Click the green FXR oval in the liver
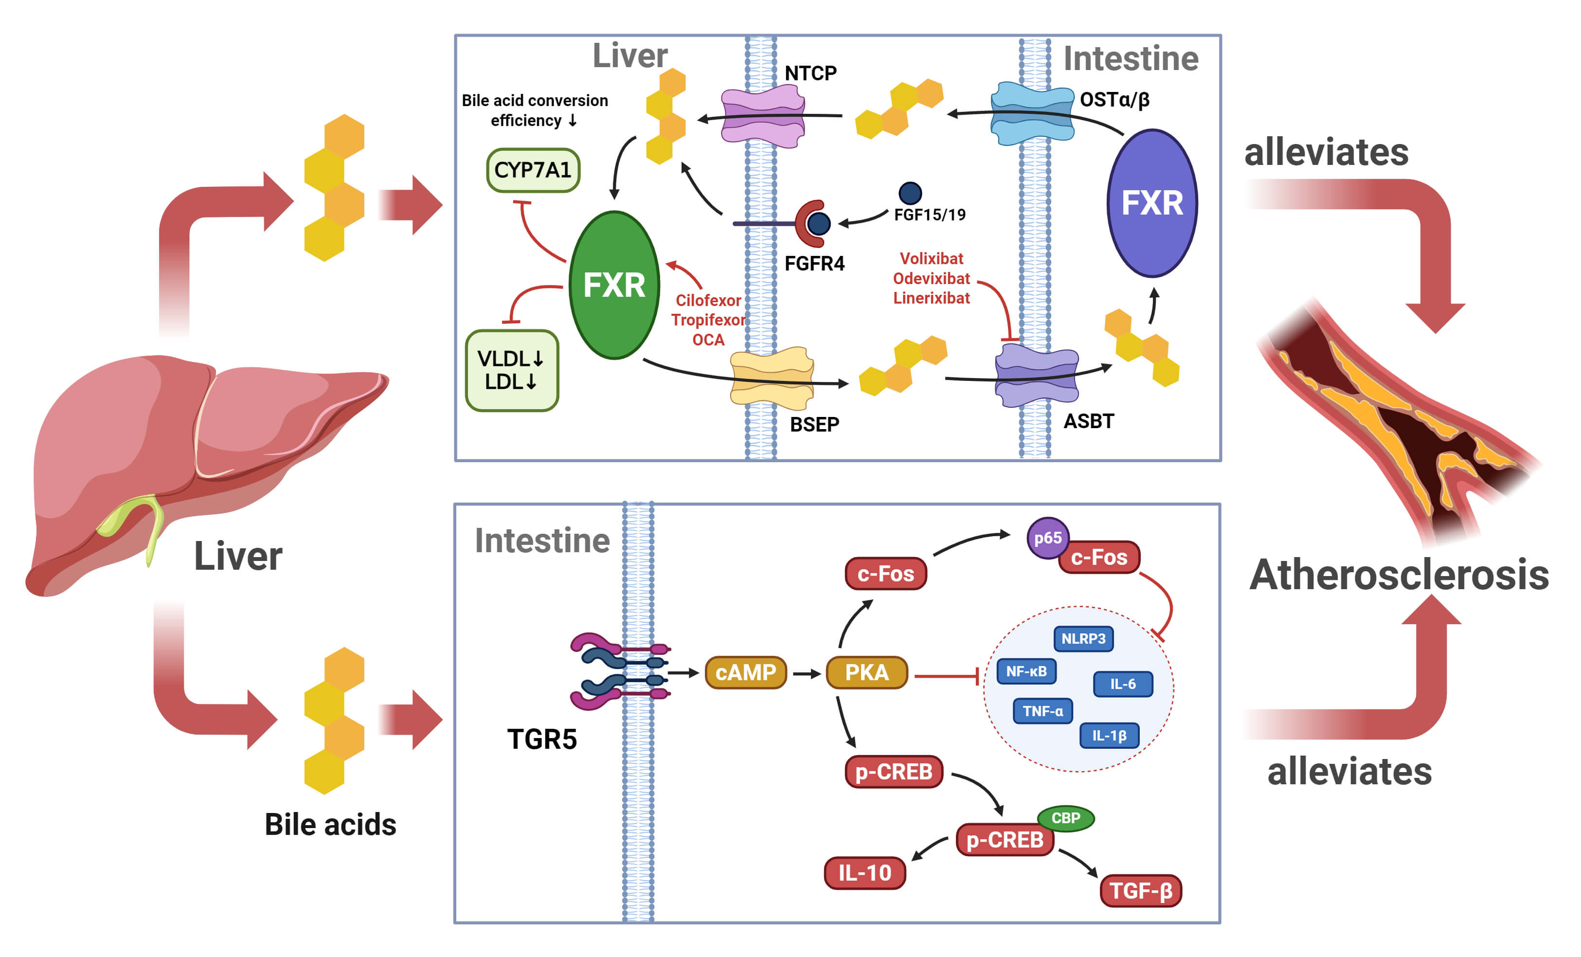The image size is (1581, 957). [x=614, y=285]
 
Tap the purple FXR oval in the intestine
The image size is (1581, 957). [x=1152, y=203]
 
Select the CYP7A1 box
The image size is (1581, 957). [x=533, y=170]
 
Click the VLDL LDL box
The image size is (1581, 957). [x=511, y=370]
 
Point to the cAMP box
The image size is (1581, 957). [x=746, y=673]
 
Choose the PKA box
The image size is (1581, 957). [x=866, y=673]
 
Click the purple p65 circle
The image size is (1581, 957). [x=1047, y=538]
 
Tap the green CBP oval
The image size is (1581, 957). [x=1066, y=818]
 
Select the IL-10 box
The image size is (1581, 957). [x=864, y=873]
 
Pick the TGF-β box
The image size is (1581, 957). [x=1140, y=891]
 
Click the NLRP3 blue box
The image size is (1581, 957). [x=1083, y=639]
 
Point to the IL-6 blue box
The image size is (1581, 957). [x=1122, y=684]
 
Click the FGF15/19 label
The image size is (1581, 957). [x=929, y=215]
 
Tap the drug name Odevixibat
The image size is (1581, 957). [x=931, y=279]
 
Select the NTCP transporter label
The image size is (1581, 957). [x=810, y=73]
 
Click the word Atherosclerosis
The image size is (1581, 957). [x=1399, y=575]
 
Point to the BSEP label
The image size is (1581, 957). [x=814, y=424]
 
